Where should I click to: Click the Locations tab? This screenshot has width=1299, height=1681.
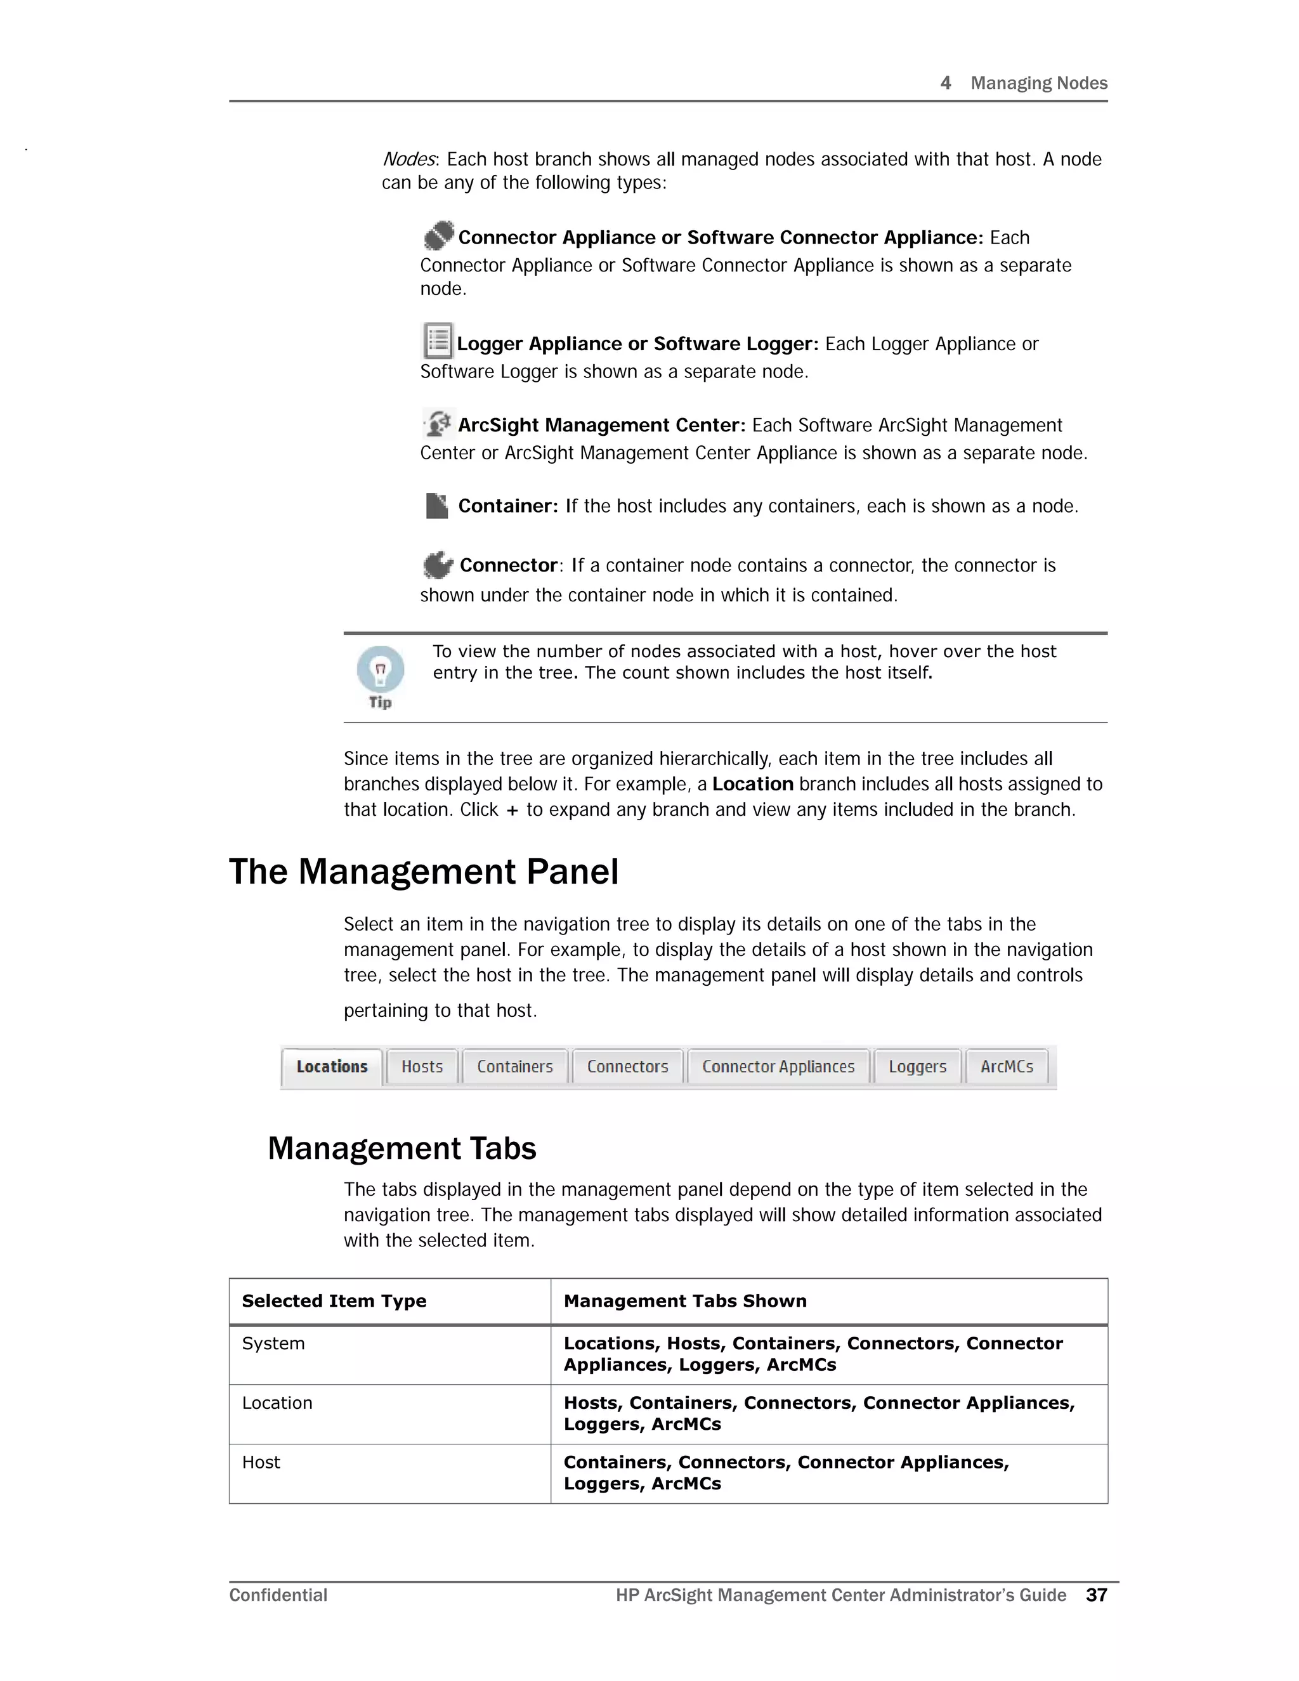332,1067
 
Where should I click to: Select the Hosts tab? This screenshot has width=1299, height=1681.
422,1067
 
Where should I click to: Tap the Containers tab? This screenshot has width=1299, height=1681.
515,1067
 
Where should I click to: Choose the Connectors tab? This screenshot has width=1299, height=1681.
627,1067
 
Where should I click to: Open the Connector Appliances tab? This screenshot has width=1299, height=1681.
778,1067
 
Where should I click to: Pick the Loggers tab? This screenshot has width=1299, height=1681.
917,1067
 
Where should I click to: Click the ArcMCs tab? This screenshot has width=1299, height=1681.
1007,1067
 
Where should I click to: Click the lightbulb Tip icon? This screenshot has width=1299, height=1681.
380,670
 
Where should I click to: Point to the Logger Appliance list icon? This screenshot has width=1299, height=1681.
438,341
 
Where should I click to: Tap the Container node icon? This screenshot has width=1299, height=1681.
436,506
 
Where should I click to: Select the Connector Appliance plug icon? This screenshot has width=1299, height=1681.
439,235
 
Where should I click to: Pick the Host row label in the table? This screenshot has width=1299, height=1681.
261,1462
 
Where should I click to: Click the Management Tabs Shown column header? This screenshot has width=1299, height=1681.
685,1301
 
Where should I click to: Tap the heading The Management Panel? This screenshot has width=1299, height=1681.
423,872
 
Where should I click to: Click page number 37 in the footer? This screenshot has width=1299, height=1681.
1096,1595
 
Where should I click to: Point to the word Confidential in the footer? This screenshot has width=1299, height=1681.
278,1595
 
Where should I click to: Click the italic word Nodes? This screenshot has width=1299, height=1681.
409,159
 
